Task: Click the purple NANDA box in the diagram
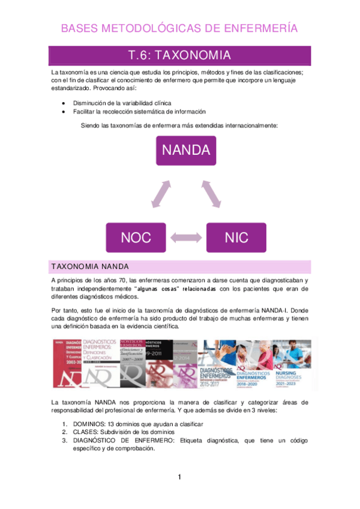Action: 186,150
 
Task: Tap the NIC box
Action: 236,237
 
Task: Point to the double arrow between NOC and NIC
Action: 186,238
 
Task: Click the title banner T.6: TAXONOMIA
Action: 180,56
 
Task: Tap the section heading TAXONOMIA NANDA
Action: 95,267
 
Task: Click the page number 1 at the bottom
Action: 179,478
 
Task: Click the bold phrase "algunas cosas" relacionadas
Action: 176,289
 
